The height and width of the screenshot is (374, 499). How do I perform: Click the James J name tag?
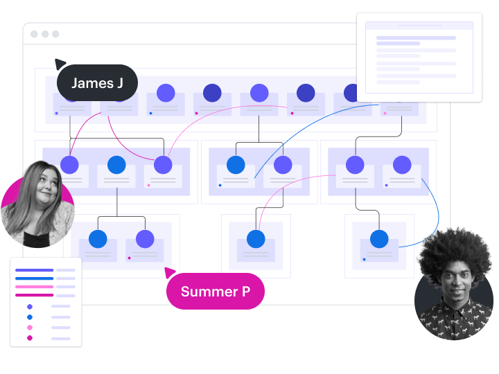97,84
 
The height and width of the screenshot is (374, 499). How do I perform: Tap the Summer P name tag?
215,292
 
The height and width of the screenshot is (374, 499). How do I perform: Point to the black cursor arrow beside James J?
60,64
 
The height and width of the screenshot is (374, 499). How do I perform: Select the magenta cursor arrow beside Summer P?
170,272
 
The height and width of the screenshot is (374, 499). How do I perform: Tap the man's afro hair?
455,253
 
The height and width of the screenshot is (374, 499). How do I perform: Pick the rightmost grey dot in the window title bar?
55,34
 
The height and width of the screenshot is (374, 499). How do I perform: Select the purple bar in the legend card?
34,270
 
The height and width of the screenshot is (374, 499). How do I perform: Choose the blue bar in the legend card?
34,278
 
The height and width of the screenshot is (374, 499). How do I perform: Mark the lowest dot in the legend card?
30,338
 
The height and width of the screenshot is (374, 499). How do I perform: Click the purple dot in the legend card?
30,306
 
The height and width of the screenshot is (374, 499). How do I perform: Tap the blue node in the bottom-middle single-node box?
256,239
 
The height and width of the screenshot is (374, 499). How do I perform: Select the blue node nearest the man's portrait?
379,239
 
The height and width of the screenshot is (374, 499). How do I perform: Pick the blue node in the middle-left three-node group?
116,165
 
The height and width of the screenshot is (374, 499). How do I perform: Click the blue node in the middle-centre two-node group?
236,165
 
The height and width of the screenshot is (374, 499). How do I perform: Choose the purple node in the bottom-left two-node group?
145,239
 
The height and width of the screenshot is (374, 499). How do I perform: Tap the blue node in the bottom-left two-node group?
98,239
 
